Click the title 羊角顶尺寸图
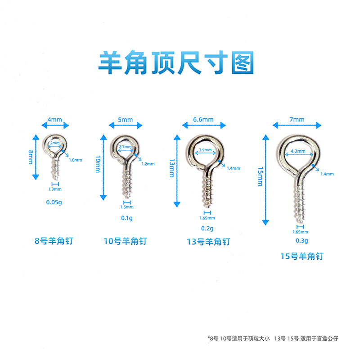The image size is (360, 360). tap(176, 63)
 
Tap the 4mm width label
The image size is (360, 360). tap(54, 120)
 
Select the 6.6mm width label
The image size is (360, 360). tap(203, 119)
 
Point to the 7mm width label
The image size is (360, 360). tap(297, 119)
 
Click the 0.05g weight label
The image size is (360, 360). tap(54, 202)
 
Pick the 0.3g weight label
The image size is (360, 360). tap(301, 241)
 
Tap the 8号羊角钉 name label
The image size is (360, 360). tap(54, 241)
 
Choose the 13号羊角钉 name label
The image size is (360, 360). tap(208, 242)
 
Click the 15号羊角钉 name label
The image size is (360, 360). tap(302, 256)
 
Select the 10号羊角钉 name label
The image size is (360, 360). tap(125, 241)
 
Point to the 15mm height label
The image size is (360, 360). tap(260, 176)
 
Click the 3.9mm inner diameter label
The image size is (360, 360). tap(205, 150)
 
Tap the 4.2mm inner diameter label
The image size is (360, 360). tap(298, 151)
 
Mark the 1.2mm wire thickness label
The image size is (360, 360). tap(148, 164)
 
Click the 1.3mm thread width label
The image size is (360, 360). tap(55, 189)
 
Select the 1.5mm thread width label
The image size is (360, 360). tap(127, 207)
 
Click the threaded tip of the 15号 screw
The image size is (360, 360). tap(300, 221)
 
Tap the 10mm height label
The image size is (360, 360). tap(98, 164)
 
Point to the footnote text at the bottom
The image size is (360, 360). tap(273, 338)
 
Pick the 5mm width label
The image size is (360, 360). tap(126, 120)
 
